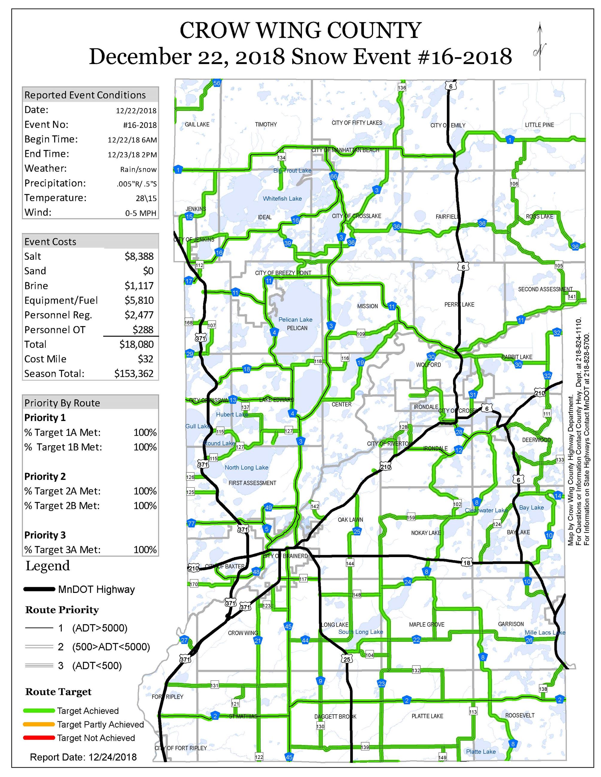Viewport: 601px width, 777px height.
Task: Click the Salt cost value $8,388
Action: tap(139, 256)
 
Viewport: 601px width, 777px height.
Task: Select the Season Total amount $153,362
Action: tap(134, 374)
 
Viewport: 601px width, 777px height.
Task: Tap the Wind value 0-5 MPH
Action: tap(141, 213)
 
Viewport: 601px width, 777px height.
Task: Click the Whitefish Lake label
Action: tap(282, 198)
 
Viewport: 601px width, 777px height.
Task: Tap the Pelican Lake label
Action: tap(295, 319)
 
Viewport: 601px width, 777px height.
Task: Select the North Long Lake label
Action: tap(247, 467)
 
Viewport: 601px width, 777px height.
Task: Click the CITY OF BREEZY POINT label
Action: tap(283, 273)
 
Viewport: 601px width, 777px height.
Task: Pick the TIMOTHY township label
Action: tap(266, 124)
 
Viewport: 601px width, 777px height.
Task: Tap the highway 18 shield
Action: tap(467, 563)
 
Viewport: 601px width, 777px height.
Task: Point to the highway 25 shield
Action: tap(347, 659)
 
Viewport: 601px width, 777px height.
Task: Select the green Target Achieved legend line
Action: tap(39, 710)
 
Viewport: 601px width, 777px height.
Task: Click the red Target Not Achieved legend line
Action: tap(39, 738)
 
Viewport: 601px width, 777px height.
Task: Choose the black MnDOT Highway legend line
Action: tap(39, 589)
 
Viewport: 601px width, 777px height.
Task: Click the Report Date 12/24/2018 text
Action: tap(83, 757)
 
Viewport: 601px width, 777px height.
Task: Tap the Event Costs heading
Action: tap(50, 241)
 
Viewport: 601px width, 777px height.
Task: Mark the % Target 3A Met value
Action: tap(145, 550)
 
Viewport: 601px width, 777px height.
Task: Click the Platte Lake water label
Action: tap(481, 751)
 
